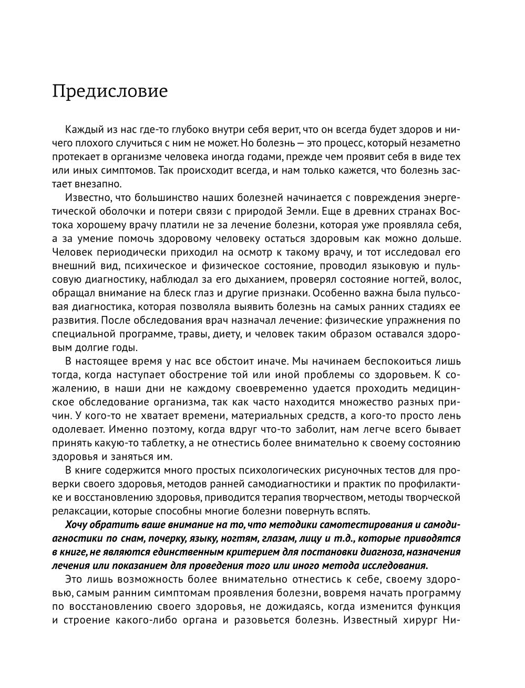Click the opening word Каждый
[82, 129]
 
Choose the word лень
[449, 416]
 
